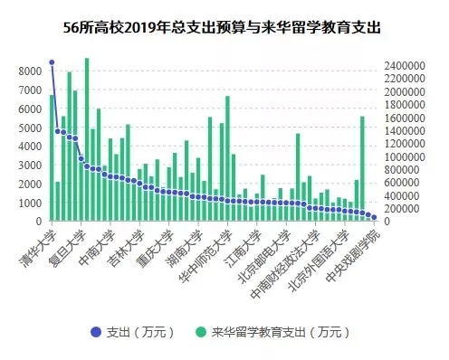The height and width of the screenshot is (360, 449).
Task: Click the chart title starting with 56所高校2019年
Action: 224,27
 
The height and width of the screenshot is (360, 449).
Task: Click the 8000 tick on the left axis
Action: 27,71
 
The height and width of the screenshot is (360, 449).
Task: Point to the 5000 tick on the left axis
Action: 27,128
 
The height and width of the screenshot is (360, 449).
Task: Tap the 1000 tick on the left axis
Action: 27,203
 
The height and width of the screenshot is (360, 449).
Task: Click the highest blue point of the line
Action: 52,62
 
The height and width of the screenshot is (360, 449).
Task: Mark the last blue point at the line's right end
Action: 374,218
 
